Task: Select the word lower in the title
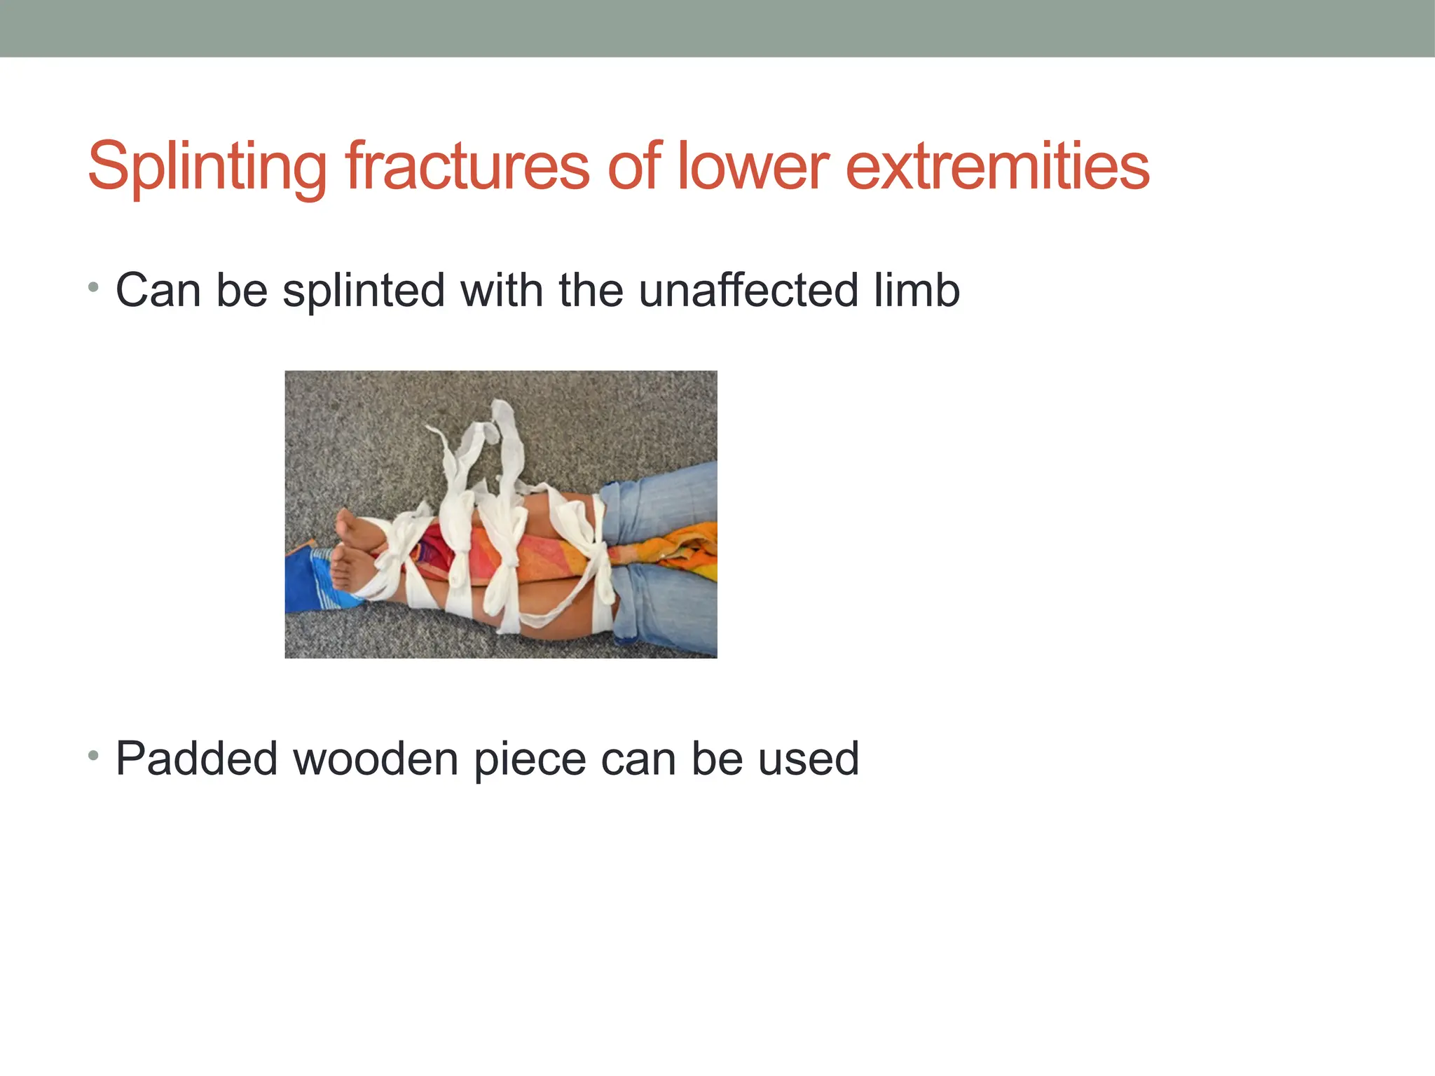[753, 167]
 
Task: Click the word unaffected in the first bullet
[748, 290]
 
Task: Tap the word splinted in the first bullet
[364, 290]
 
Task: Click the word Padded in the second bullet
[196, 759]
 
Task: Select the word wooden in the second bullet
[375, 759]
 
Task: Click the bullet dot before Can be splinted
[94, 287]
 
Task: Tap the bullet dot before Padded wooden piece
[94, 756]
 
